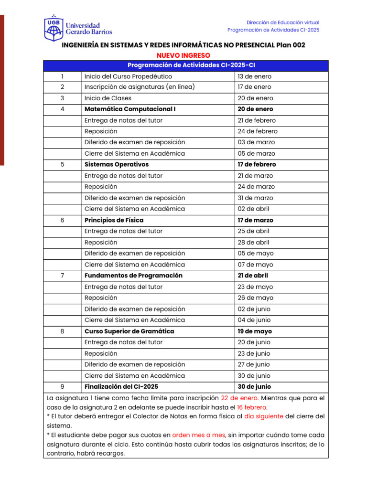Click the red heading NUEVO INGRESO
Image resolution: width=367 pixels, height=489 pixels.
[183, 55]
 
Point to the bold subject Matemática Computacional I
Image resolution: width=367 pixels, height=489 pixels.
[130, 109]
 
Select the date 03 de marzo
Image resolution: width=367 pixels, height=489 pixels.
[256, 142]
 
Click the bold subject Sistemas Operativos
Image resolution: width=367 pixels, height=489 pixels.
[117, 165]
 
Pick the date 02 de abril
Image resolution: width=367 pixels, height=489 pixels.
[253, 209]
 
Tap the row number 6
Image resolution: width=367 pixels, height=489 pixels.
[62, 220]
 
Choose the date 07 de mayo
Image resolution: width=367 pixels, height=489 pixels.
[255, 265]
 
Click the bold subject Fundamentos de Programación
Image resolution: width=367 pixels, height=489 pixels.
[133, 276]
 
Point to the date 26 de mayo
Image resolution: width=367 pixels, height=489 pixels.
[255, 298]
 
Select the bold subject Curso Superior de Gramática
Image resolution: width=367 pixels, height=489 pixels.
[129, 331]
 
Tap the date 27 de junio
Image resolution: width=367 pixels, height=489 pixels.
[254, 365]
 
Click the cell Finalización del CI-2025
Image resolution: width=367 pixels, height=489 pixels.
[121, 387]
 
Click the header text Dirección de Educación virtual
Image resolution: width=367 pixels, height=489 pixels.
[282, 22]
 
